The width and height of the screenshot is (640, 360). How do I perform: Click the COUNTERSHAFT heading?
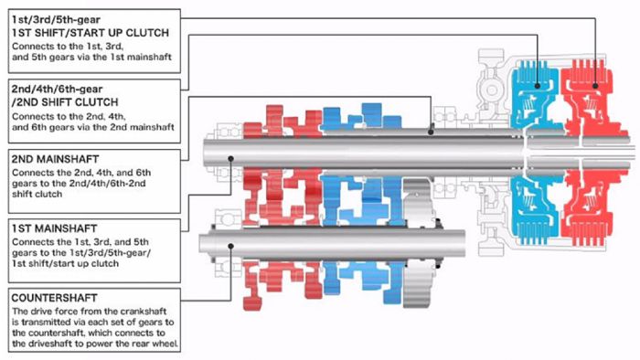54,298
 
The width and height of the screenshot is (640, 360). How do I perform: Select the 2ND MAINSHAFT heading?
55,159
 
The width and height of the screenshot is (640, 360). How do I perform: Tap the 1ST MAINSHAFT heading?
54,228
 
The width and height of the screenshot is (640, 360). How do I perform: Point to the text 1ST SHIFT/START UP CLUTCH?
91,33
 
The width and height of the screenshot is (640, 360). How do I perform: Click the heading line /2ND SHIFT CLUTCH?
65,102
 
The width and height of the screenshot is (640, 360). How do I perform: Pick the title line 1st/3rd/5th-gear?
56,19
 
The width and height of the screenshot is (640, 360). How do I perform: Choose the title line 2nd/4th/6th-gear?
57,89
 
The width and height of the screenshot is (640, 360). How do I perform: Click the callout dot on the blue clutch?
538,86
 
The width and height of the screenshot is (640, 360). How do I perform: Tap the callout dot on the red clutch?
595,86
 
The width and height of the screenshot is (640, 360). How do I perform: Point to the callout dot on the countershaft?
230,247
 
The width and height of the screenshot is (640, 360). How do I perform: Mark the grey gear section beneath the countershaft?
417,285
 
